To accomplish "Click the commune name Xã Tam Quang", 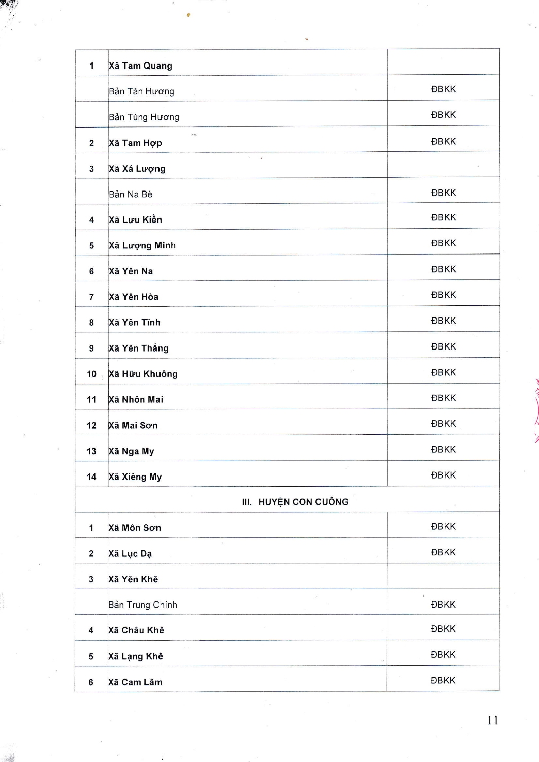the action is (140, 66).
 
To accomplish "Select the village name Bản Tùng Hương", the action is (144, 117).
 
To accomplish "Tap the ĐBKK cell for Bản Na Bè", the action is (443, 193).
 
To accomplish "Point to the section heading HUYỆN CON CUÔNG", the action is (303, 502).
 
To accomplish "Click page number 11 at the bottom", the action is (492, 720).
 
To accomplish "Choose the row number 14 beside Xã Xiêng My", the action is (91, 477).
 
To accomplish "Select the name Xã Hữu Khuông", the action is (143, 374).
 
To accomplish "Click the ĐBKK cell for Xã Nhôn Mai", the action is (443, 398).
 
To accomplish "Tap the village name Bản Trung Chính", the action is (143, 605).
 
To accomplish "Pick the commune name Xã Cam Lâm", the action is (135, 682).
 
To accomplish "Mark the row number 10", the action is (91, 374).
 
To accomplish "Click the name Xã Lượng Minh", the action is (142, 245).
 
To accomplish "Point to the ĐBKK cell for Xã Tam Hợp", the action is (443, 141).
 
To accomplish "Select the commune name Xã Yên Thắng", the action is (138, 348).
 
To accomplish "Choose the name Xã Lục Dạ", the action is (130, 553).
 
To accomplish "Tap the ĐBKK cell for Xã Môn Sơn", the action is (443, 526).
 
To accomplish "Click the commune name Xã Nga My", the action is (131, 451).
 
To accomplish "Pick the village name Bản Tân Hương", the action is (141, 91).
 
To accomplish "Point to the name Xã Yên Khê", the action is (133, 579).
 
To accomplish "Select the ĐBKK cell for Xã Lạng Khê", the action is (443, 654).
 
